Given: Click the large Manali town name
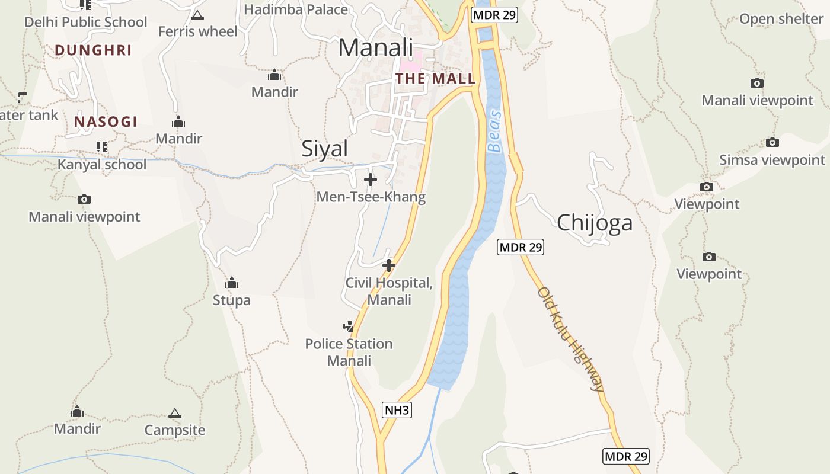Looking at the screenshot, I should pos(375,47).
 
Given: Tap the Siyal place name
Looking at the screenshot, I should pos(324,148).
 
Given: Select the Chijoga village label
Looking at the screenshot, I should pos(595,223).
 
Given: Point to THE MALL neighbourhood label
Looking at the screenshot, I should pos(436,78).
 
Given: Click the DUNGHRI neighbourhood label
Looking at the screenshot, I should pos(93,50).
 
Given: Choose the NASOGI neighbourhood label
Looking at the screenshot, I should pos(106,122).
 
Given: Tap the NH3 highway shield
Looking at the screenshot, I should pos(397,410).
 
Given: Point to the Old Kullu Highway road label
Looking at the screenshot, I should pos(571,340).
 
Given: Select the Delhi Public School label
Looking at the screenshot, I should pos(85,22).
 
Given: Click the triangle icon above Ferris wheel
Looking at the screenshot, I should pos(197,15).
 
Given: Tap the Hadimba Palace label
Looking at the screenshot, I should pos(296,9).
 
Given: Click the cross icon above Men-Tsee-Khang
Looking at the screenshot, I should pos(371,179).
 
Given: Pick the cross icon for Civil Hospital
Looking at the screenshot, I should pos(389,265).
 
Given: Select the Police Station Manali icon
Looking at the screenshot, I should pos(349,326).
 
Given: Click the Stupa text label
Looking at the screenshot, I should pos(232,300).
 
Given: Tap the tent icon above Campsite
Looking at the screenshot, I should pos(174,413).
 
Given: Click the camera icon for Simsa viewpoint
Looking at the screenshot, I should pos(772,142).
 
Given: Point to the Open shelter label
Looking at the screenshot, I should pos(781,19).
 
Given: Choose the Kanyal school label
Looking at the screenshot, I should pos(102,164).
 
